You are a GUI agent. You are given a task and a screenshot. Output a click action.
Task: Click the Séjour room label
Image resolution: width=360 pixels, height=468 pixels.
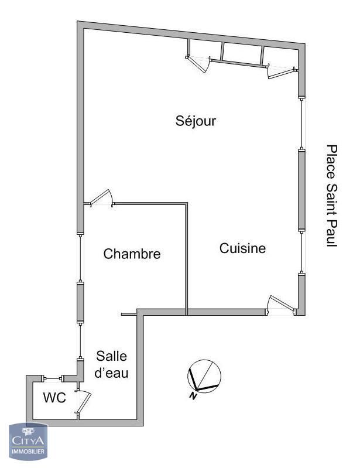coord(196,121)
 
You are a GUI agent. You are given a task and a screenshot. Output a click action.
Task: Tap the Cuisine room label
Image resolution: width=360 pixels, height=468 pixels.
coord(242,248)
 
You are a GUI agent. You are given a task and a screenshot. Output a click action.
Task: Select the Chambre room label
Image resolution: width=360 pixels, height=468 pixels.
coord(132,254)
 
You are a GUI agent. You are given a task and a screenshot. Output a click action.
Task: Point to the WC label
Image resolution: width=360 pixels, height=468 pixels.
coord(54,398)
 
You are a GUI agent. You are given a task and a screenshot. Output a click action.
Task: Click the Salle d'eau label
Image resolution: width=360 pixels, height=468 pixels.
coord(111,364)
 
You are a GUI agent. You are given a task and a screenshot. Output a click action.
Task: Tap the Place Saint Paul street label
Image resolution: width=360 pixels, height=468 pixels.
coord(331,196)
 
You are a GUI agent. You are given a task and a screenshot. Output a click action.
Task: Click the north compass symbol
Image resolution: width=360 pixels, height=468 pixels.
coord(204,376)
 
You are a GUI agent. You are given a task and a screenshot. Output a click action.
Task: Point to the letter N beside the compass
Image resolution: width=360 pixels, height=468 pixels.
coord(193,396)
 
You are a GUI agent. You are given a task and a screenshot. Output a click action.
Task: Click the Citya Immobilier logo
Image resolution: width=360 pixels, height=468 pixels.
coord(28,442)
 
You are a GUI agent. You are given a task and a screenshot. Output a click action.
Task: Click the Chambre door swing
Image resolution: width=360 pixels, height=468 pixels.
coord(101,197)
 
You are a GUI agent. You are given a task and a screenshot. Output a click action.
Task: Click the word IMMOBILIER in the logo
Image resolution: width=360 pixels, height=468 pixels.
coord(28,451)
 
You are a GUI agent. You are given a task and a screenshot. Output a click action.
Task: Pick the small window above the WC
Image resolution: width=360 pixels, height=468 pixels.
coord(53,379)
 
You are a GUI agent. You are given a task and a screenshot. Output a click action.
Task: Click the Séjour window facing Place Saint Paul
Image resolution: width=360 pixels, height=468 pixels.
coord(302,123)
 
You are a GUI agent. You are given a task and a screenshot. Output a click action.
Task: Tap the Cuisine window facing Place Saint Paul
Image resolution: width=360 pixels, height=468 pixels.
coord(302,252)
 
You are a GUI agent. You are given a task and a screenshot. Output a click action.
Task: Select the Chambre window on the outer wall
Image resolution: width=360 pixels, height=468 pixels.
coord(80,258)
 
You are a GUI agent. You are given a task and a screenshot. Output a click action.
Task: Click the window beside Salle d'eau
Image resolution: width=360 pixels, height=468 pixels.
coord(80,340)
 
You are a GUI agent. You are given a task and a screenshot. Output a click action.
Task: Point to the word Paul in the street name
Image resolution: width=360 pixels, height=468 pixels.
coord(331,234)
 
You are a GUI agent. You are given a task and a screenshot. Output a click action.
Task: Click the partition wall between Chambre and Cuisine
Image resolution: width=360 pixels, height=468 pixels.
coord(186,259)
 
